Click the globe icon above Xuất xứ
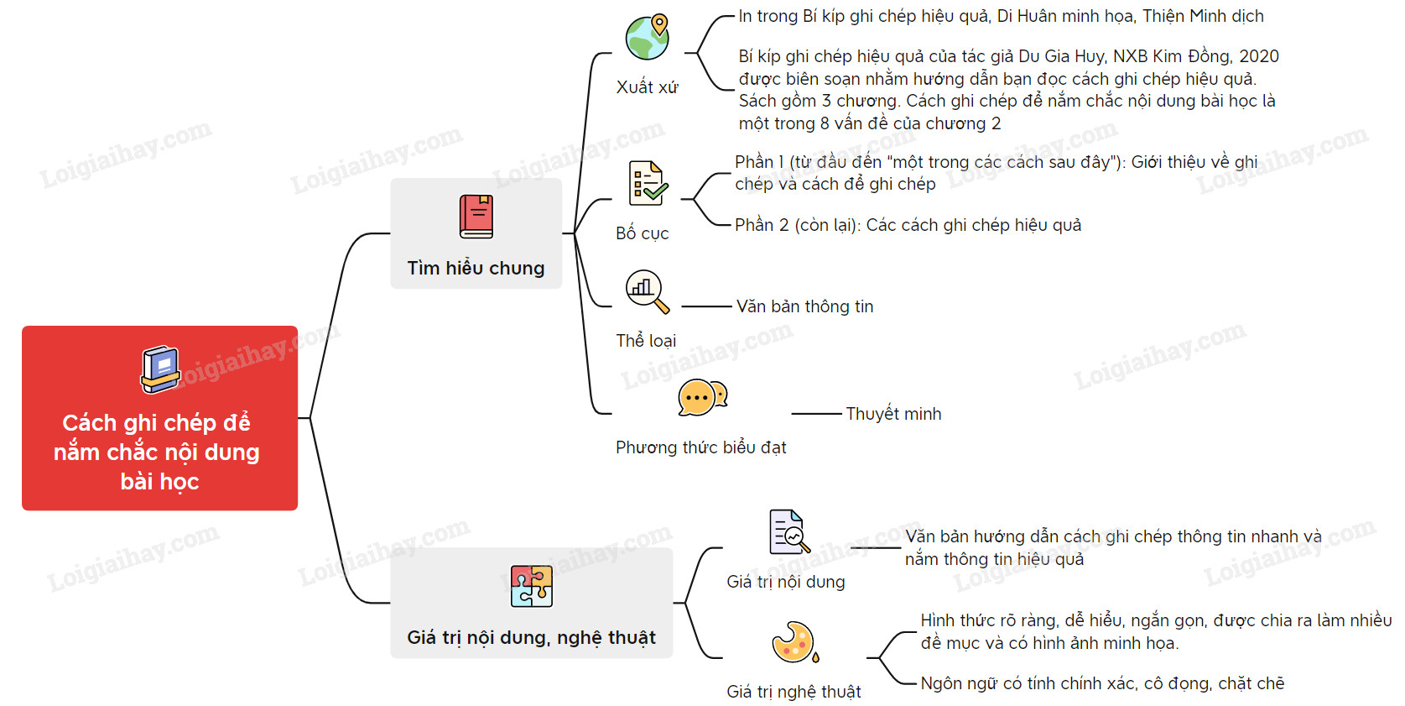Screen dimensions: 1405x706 [x=648, y=37]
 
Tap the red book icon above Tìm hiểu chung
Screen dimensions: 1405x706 [x=476, y=217]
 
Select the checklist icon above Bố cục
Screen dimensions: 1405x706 [x=648, y=183]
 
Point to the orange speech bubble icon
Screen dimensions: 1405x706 [x=702, y=397]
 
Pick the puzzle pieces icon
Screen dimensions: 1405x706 [x=532, y=586]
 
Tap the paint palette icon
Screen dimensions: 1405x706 [x=794, y=642]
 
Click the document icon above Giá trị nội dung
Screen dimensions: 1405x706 [x=789, y=531]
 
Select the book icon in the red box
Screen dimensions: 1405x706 [x=160, y=369]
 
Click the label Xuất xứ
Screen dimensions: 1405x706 [x=647, y=87]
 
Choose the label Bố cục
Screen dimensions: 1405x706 [x=643, y=233]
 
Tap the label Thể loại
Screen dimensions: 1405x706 [x=646, y=341]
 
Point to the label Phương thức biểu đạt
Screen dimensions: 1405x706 [x=701, y=447]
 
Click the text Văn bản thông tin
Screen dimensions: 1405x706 [x=805, y=306]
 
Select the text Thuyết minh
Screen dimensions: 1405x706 [x=893, y=414]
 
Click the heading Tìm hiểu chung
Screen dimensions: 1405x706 [x=476, y=268]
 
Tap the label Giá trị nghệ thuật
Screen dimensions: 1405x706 [x=794, y=692]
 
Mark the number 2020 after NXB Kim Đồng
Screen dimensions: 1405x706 [x=1259, y=56]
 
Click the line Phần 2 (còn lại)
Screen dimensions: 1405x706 [x=908, y=225]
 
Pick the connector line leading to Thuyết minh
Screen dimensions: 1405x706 [x=816, y=414]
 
